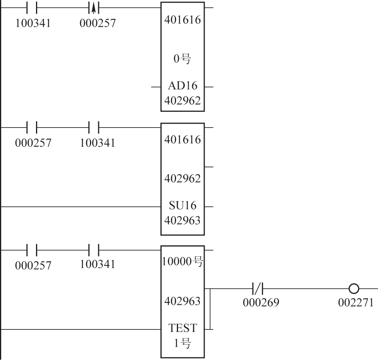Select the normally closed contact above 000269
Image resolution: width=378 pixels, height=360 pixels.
(258, 289)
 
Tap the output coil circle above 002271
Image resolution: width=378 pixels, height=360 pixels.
(354, 289)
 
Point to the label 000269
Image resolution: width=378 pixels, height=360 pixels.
(261, 302)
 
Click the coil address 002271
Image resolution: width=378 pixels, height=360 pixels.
(356, 302)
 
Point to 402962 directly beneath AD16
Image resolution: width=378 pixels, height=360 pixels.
(182, 101)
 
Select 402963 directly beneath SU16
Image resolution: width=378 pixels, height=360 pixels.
(182, 220)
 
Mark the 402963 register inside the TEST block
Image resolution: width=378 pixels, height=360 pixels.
(182, 301)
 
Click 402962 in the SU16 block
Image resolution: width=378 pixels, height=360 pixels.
(182, 179)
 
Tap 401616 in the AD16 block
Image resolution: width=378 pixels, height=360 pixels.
(182, 20)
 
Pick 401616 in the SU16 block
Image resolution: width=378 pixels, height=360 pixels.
(182, 140)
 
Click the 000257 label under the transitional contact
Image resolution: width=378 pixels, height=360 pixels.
(97, 23)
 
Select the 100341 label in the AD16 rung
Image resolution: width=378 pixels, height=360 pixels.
(33, 23)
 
